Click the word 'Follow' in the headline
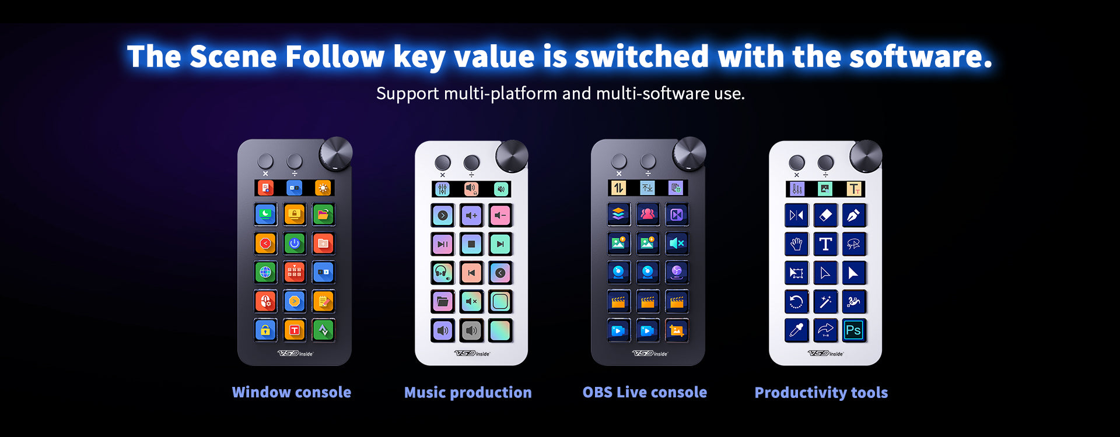click(335, 57)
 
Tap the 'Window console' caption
click(292, 392)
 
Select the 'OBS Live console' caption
click(645, 392)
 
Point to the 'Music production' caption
click(468, 392)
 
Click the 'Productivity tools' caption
click(821, 393)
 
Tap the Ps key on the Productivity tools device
click(853, 330)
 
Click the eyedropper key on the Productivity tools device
click(796, 330)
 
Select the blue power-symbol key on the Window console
click(295, 244)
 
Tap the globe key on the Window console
click(265, 272)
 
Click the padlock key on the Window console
click(265, 330)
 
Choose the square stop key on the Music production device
click(471, 244)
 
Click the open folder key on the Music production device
click(443, 301)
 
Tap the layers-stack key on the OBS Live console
click(618, 214)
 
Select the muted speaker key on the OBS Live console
click(677, 243)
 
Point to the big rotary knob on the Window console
click(336, 154)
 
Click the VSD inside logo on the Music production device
click(472, 353)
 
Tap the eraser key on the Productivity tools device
click(825, 215)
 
